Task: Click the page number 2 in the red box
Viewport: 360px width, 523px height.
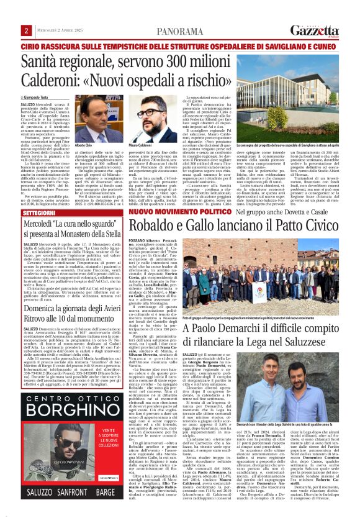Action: (x=27, y=31)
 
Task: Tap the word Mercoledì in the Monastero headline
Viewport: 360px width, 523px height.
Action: (x=47, y=224)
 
